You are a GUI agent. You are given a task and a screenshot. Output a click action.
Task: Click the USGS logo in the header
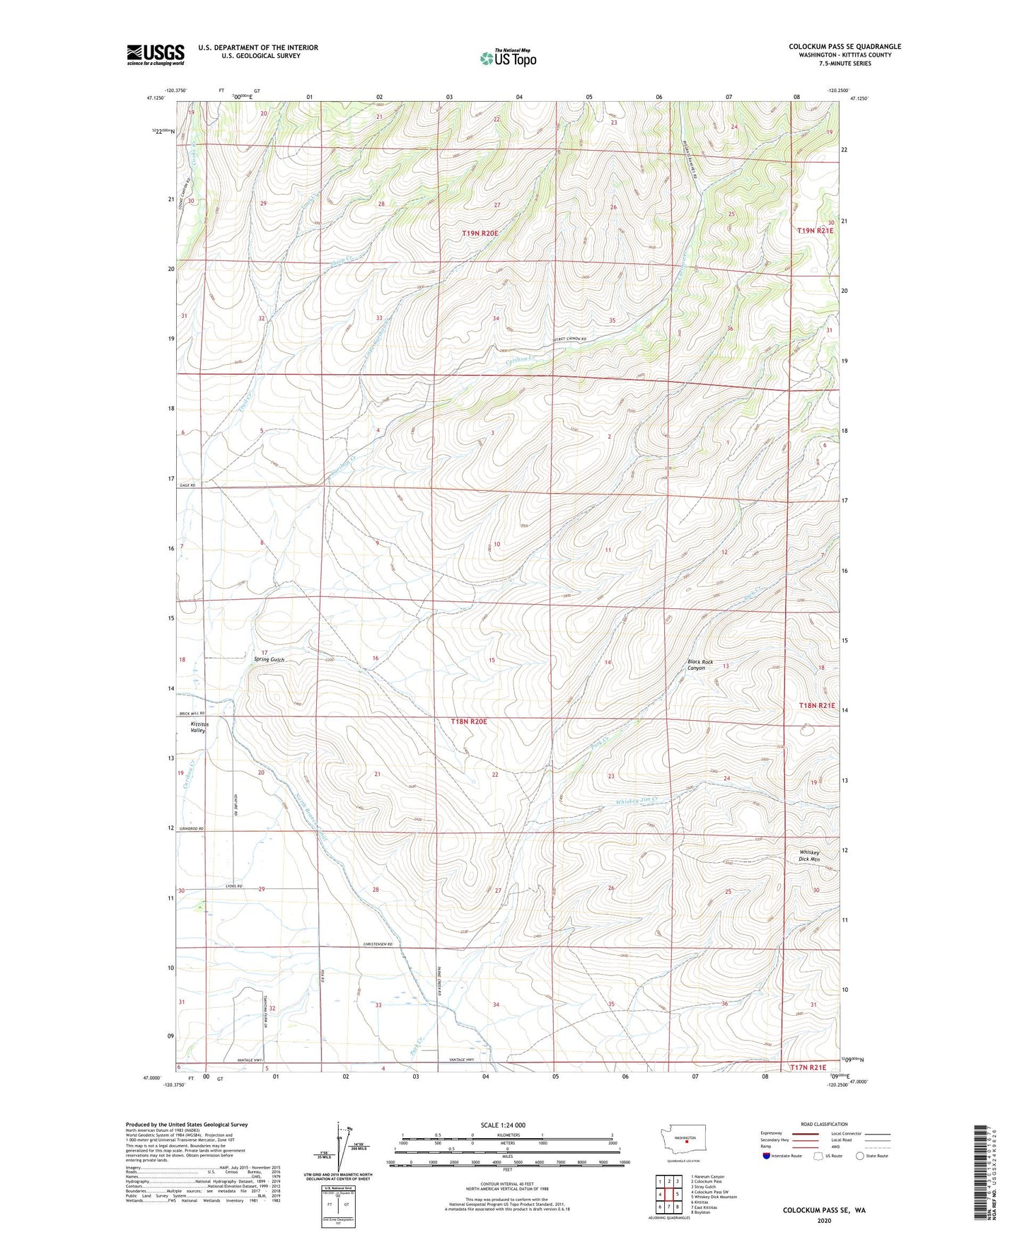coord(155,54)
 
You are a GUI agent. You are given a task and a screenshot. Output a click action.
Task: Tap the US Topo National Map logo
coord(508,57)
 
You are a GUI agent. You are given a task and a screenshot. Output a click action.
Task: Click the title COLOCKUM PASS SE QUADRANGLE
coord(844,47)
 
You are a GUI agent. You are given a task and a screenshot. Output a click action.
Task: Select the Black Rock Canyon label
coord(699,665)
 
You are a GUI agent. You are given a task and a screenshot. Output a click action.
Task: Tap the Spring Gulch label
coord(269,659)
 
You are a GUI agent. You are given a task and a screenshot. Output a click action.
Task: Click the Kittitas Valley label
coord(197,727)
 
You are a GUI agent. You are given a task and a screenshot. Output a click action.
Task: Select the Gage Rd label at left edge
coord(187,485)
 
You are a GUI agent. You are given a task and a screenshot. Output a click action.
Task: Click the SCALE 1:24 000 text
coord(503,1125)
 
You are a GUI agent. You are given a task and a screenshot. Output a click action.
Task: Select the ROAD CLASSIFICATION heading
coord(824,1124)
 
